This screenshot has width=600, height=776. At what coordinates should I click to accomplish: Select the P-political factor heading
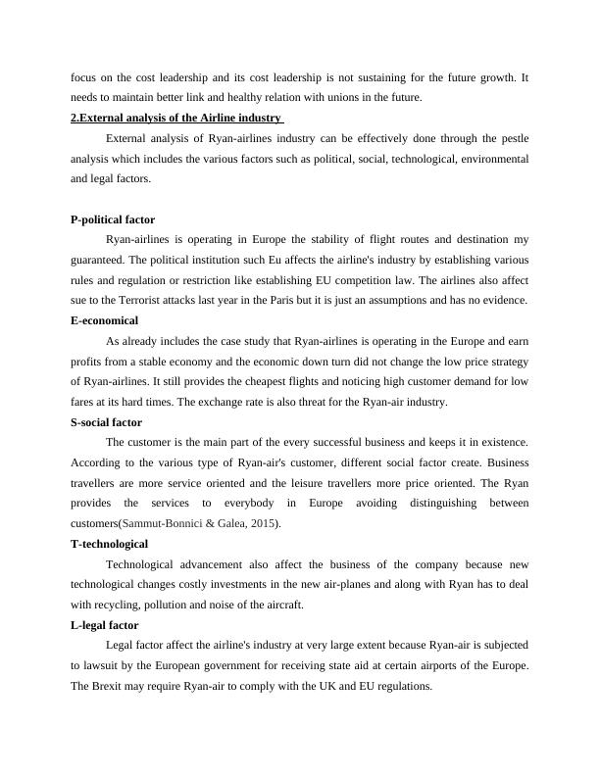point(113,220)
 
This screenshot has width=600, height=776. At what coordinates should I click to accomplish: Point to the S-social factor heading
point(107,422)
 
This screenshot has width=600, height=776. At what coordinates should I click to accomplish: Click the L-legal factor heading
point(105,625)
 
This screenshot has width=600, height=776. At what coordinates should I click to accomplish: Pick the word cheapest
point(251,382)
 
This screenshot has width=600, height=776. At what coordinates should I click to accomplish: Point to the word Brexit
point(108,686)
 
